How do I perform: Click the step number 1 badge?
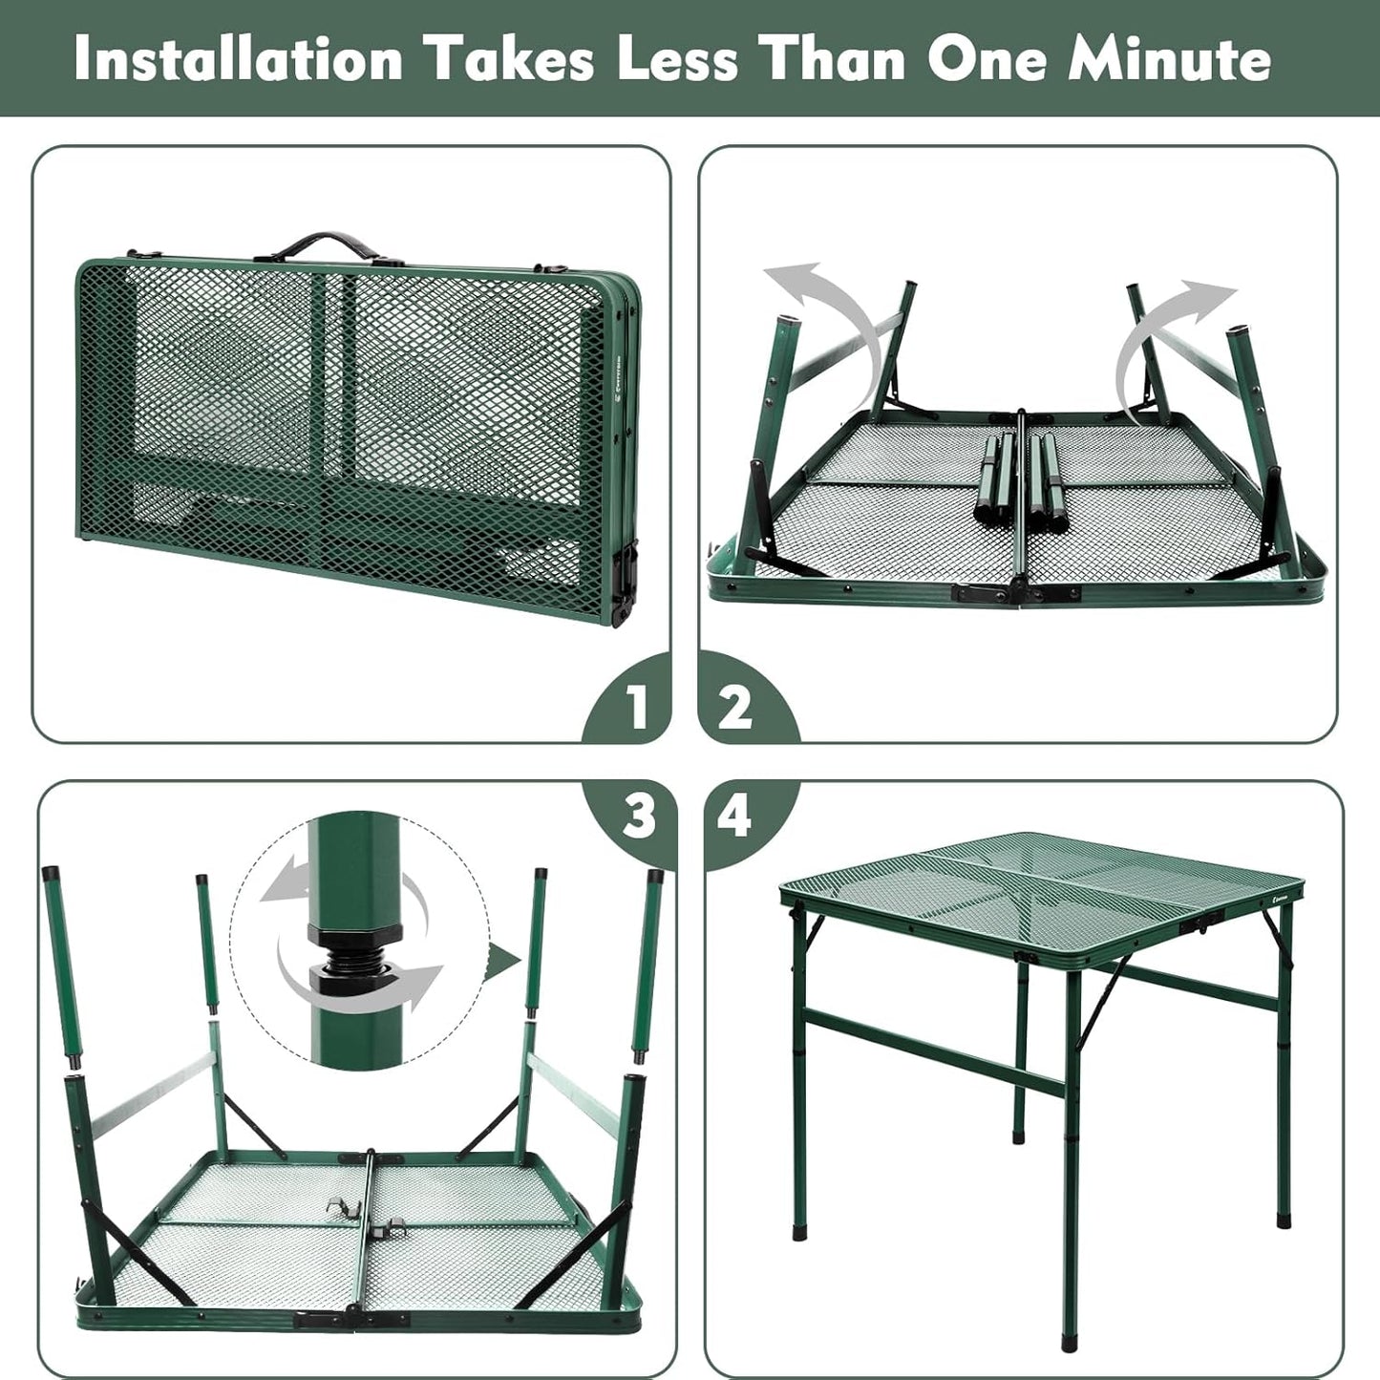636,708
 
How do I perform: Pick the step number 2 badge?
735,708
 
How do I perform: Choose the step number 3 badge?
638,817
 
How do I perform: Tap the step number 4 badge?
734,817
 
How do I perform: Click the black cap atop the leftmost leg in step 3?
51,873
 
